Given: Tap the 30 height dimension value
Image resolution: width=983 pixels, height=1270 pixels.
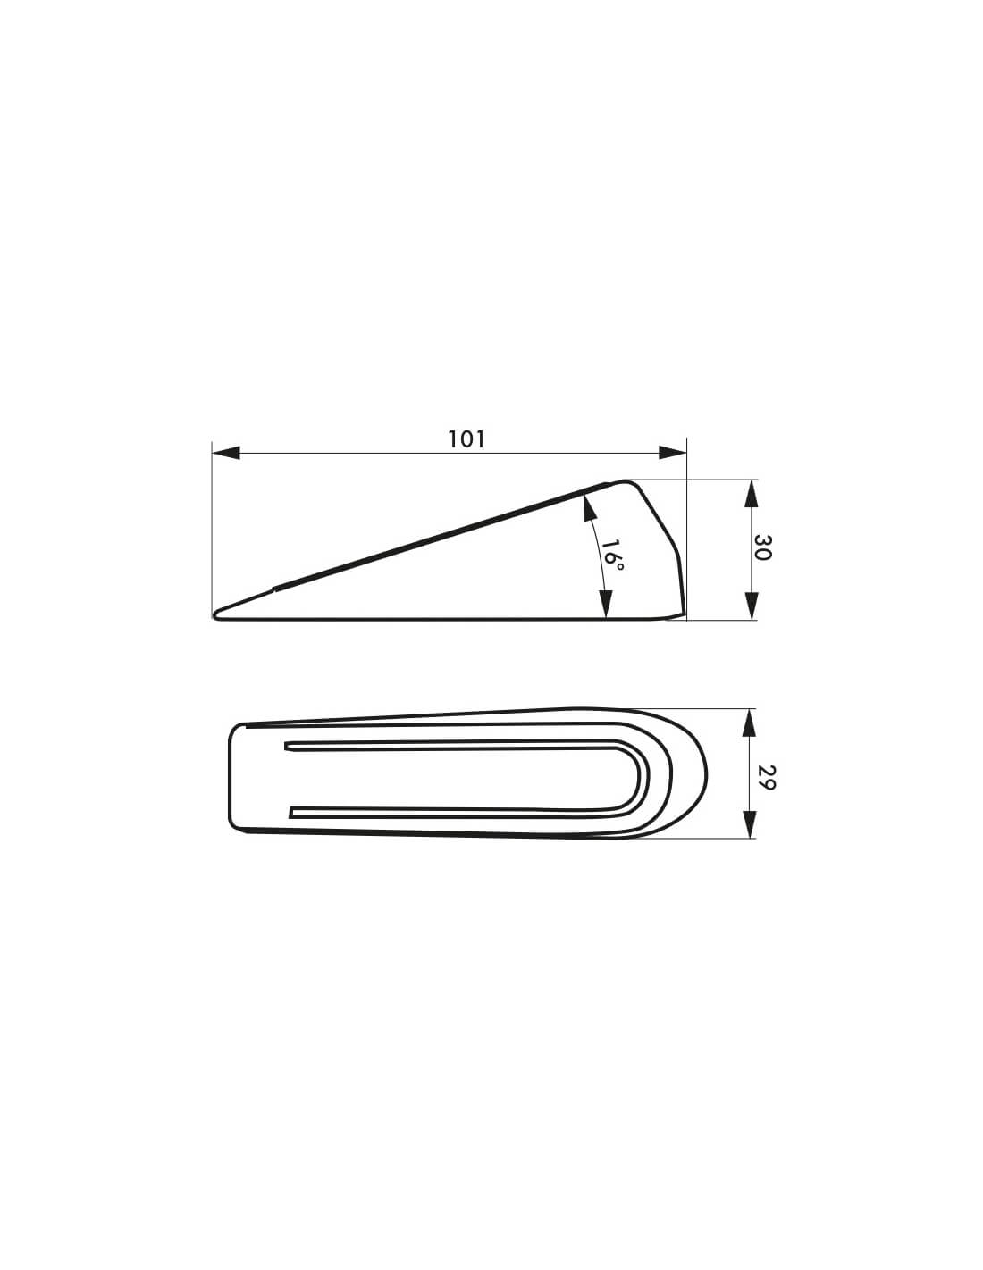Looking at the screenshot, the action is (x=762, y=547).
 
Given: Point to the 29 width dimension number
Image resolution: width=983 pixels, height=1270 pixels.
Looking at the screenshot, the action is (x=767, y=777).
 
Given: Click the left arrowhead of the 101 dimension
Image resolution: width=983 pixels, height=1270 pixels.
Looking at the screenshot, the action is (x=226, y=453).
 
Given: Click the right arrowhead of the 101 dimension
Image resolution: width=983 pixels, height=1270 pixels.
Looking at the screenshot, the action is (x=672, y=453).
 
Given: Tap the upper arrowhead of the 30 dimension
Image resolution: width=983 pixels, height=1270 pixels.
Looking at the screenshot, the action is (x=751, y=494).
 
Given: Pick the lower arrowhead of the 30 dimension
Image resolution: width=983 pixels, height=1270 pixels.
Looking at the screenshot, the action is (x=751, y=606).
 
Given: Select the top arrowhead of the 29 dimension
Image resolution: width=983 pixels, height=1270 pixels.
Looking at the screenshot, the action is (x=749, y=723).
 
